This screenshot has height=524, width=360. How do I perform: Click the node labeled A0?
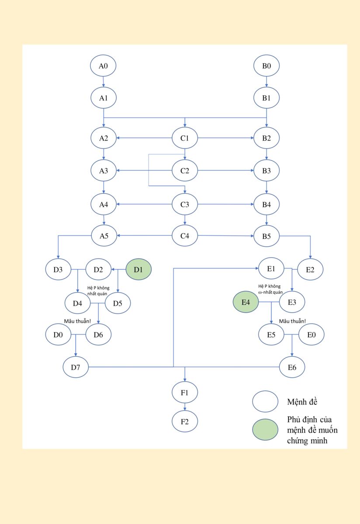coord(103,66)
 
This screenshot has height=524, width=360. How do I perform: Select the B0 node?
coord(267,66)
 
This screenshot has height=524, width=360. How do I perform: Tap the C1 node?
coord(185,138)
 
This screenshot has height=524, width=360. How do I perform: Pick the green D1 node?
coord(138,269)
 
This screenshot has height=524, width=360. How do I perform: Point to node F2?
coord(185,422)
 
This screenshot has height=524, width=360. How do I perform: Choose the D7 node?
coord(76,367)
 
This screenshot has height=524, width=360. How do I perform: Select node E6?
coord(292,367)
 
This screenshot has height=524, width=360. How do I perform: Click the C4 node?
coord(185,236)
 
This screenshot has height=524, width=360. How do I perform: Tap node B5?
coord(267,236)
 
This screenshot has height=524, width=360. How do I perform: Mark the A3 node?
coord(103,171)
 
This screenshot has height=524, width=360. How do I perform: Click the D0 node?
coord(59,335)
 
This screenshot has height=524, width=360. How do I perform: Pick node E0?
coord(311,335)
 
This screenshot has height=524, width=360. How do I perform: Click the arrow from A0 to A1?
coord(104,82)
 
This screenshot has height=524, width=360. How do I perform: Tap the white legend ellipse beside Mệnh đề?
coord(265,401)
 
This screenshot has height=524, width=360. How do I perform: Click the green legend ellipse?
coord(265,430)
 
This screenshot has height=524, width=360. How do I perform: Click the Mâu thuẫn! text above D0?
coord(78,321)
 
